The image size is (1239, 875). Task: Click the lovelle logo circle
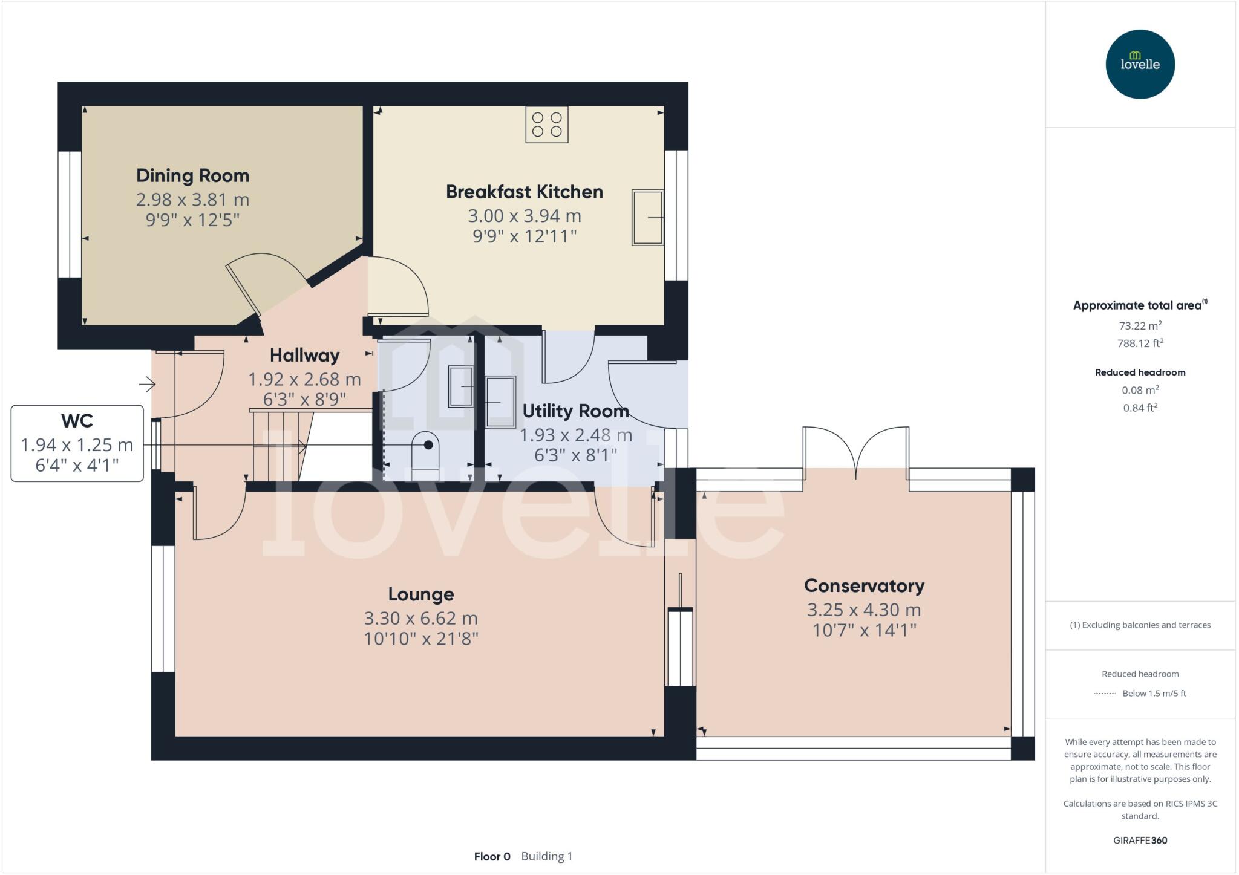(1140, 64)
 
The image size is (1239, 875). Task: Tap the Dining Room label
(192, 176)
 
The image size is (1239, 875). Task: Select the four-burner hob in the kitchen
(546, 125)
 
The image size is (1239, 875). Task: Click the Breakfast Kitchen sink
(647, 217)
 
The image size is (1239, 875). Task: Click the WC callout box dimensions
(77, 454)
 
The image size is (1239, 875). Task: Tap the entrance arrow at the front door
(147, 383)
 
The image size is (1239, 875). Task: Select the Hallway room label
(304, 356)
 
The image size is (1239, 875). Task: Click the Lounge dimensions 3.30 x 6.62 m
(420, 618)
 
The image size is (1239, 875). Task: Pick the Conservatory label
(864, 586)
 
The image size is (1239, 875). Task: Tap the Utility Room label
(575, 411)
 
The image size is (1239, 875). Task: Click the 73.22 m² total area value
(1140, 326)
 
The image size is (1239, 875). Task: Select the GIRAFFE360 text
(1140, 840)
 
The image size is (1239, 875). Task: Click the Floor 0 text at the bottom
(492, 856)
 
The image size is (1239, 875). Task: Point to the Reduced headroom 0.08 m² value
(1140, 390)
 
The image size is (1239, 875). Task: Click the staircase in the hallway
(282, 446)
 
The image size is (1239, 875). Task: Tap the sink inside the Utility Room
(501, 402)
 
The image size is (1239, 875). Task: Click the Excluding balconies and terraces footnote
(1140, 625)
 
